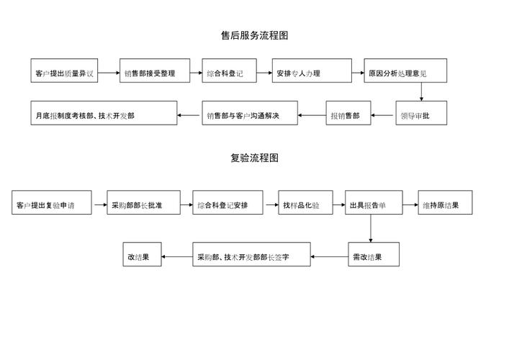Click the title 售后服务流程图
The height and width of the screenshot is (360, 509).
(254, 35)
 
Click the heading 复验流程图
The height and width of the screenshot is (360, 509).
(254, 158)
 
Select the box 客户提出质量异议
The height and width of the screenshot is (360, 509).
(64, 72)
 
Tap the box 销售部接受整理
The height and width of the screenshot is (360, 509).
(155, 72)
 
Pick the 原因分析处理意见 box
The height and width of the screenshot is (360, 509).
(405, 72)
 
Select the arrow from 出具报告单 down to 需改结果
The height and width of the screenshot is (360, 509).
(371, 229)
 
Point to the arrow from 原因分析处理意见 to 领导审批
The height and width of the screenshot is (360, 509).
(420, 92)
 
